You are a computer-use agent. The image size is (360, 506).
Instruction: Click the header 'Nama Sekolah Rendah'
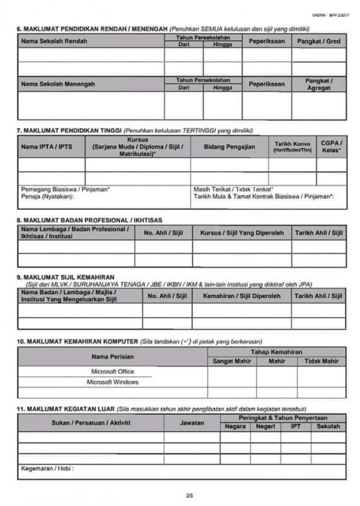click(54, 41)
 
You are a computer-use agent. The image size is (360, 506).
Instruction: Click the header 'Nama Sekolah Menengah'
click(58, 84)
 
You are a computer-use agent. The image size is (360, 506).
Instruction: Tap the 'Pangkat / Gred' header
click(319, 41)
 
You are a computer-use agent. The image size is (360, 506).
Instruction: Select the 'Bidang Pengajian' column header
click(229, 146)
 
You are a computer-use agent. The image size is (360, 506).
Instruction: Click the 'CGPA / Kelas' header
click(331, 146)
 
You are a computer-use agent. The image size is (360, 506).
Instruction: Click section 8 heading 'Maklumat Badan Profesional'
click(89, 220)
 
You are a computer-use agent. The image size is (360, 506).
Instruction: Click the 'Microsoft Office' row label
click(113, 372)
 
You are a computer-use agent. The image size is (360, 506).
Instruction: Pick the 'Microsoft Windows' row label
click(113, 382)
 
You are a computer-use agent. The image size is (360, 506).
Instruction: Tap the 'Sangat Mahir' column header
click(232, 361)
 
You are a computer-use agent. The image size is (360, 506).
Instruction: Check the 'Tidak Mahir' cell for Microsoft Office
click(322, 372)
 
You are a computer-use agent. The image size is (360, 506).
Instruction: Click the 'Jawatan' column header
click(192, 423)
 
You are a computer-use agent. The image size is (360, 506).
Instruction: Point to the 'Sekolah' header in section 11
click(329, 426)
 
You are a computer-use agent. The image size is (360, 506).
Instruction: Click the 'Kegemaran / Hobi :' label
click(47, 469)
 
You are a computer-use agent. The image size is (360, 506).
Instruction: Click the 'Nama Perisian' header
click(112, 357)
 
